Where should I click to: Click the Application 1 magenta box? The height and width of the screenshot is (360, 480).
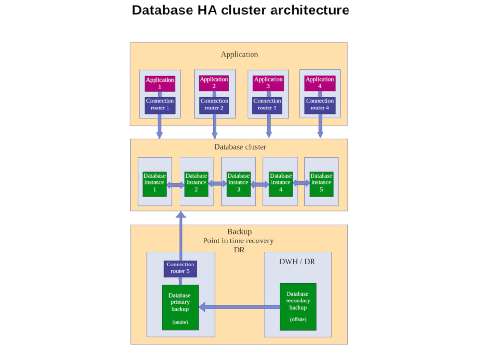tap(160, 84)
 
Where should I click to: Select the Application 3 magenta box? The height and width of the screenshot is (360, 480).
tap(268, 83)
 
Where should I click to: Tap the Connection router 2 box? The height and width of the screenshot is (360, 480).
tap(214, 105)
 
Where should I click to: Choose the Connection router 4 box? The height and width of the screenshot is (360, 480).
tap(320, 105)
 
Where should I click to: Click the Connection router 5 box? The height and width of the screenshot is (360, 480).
tap(180, 268)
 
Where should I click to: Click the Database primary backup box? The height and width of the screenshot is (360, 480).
tap(180, 307)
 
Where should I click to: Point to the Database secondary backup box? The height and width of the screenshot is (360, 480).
tap(298, 307)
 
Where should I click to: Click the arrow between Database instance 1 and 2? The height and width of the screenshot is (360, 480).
tap(175, 185)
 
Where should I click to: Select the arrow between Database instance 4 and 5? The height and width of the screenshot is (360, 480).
tap(301, 183)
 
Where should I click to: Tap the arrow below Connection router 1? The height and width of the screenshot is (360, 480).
tap(159, 127)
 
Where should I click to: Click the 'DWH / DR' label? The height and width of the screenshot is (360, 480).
tap(297, 262)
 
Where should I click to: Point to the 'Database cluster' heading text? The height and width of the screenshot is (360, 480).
tap(240, 147)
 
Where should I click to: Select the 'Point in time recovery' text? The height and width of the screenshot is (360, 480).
tap(238, 240)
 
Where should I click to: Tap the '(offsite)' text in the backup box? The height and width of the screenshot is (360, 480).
tap(298, 319)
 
